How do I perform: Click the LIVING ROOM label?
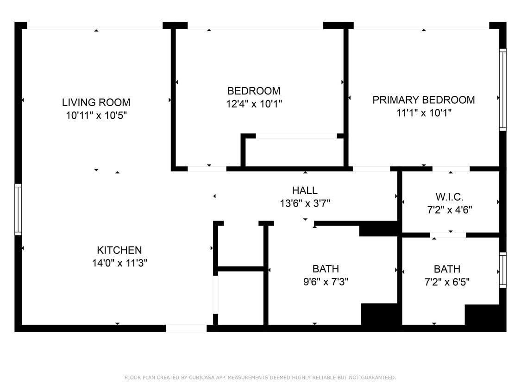(x=96, y=102)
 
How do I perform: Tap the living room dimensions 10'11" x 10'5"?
(x=96, y=115)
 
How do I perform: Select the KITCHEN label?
(x=119, y=250)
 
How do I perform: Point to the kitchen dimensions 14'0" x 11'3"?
(x=119, y=264)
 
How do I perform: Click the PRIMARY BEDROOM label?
(x=423, y=100)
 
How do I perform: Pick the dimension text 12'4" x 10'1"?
(x=254, y=104)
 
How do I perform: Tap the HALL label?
(x=305, y=190)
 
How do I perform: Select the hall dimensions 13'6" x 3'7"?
(x=305, y=203)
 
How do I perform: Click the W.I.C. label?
(x=449, y=197)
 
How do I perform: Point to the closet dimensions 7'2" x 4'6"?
(x=449, y=210)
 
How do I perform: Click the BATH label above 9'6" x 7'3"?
(x=326, y=269)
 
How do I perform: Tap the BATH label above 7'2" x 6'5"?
(x=447, y=269)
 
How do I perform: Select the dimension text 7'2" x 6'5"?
(x=447, y=282)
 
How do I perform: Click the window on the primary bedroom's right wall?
(x=502, y=89)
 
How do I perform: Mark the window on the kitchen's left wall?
(x=18, y=209)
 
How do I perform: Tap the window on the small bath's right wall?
(x=502, y=270)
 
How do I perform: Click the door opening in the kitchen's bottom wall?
(x=186, y=328)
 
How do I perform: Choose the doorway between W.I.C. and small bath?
(x=448, y=235)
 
